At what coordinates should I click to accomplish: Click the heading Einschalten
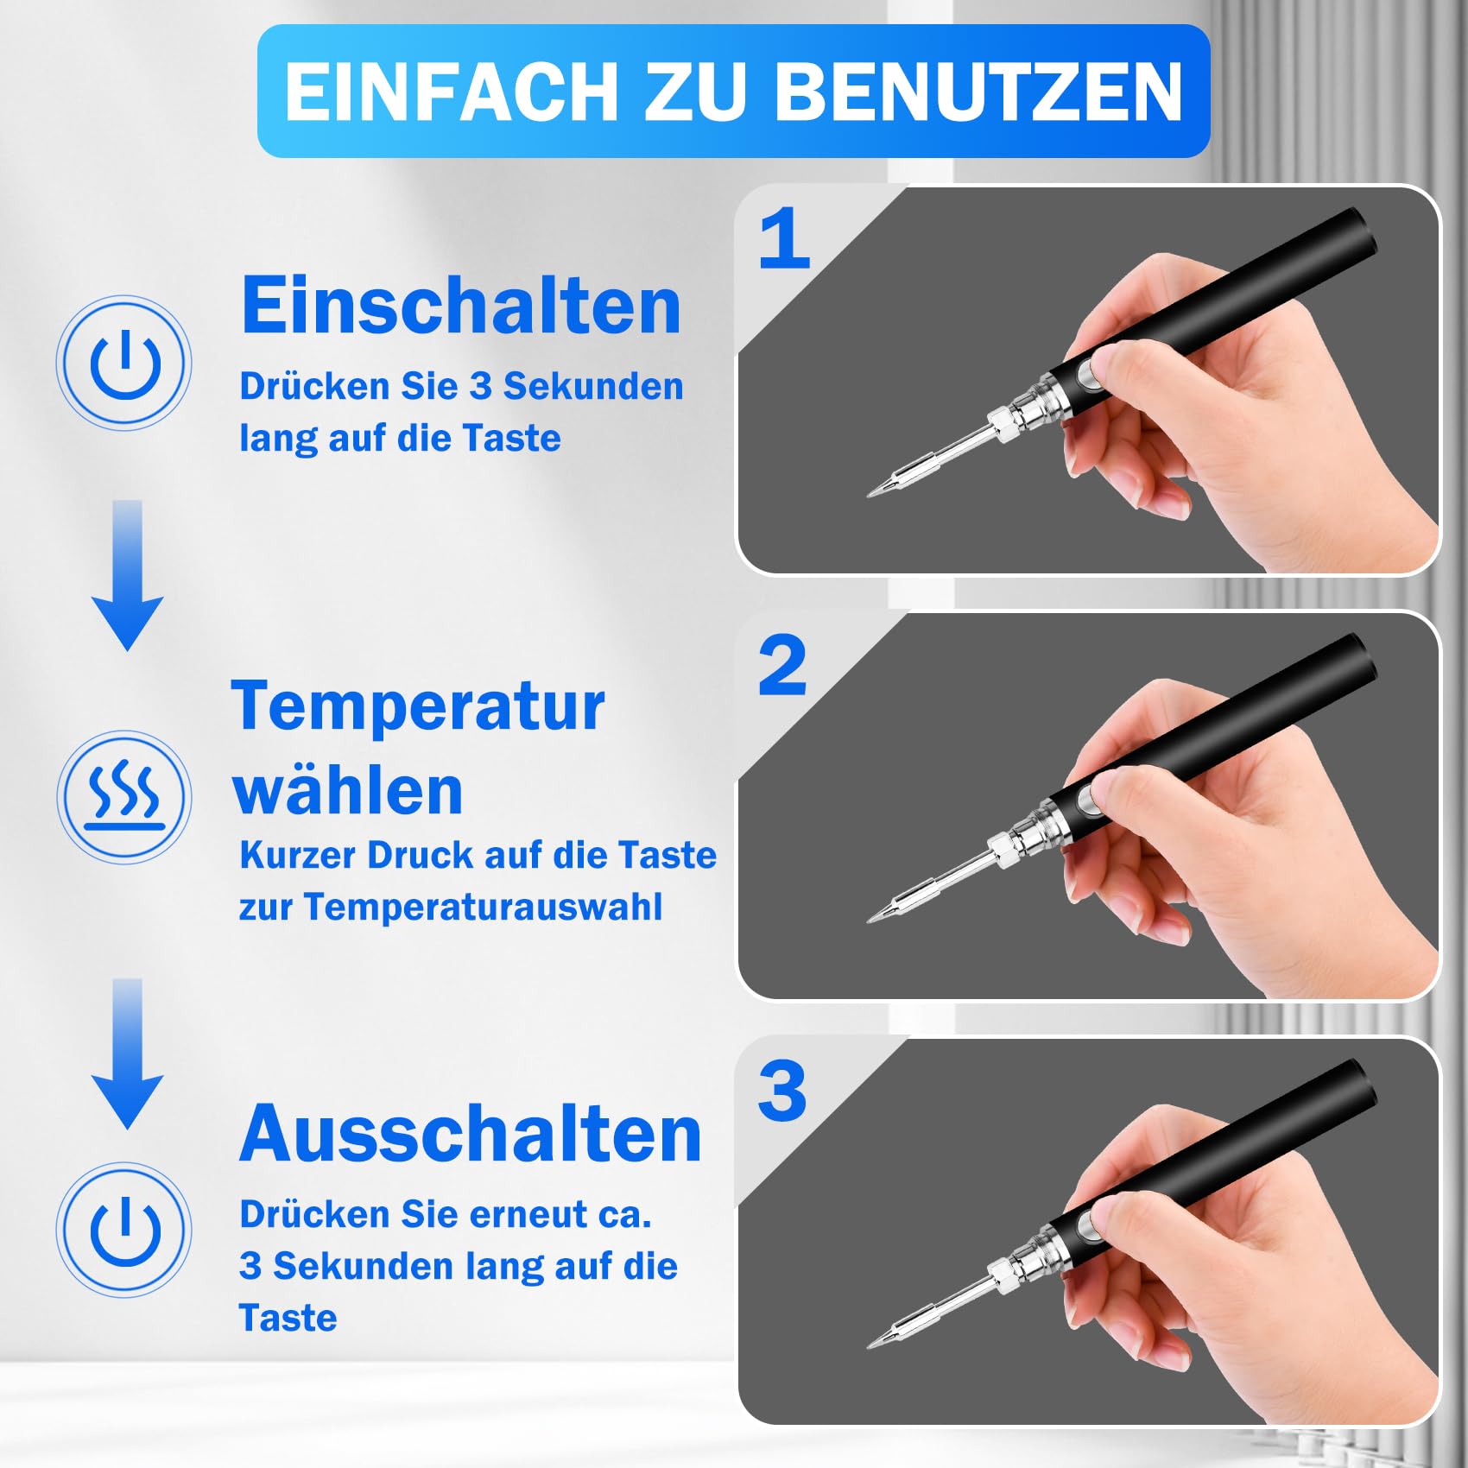(461, 305)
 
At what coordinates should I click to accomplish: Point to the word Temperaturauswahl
(483, 908)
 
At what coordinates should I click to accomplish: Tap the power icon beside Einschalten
(125, 363)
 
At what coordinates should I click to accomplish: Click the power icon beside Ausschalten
(125, 1230)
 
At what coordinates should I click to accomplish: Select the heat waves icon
(125, 796)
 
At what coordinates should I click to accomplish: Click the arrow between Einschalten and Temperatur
(127, 574)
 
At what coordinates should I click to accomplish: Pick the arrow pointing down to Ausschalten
(127, 1054)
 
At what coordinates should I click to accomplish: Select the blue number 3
(782, 1090)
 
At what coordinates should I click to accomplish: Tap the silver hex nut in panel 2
(1005, 850)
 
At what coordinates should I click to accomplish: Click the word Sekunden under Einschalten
(593, 386)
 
